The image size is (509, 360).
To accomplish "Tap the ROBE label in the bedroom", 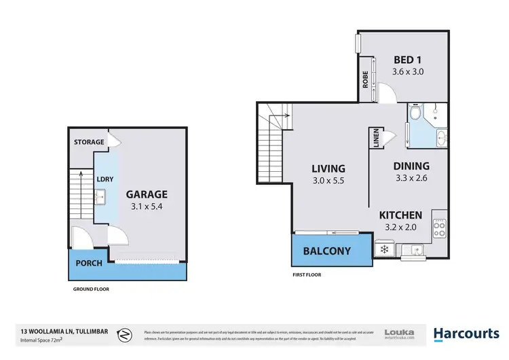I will click(x=364, y=79).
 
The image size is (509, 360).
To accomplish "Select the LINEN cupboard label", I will click(x=375, y=139).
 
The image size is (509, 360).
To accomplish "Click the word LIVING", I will click(x=328, y=168).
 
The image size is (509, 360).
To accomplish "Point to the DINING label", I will click(x=411, y=166).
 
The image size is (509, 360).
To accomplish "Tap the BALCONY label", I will click(x=327, y=251).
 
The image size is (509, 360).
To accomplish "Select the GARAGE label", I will click(x=147, y=194).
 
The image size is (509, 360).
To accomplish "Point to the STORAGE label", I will click(x=89, y=142).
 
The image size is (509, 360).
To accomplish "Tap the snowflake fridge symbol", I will click(x=383, y=249).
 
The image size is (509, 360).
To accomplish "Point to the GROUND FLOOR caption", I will click(x=91, y=289).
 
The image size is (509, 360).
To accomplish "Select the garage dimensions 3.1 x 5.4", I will click(x=147, y=206).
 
